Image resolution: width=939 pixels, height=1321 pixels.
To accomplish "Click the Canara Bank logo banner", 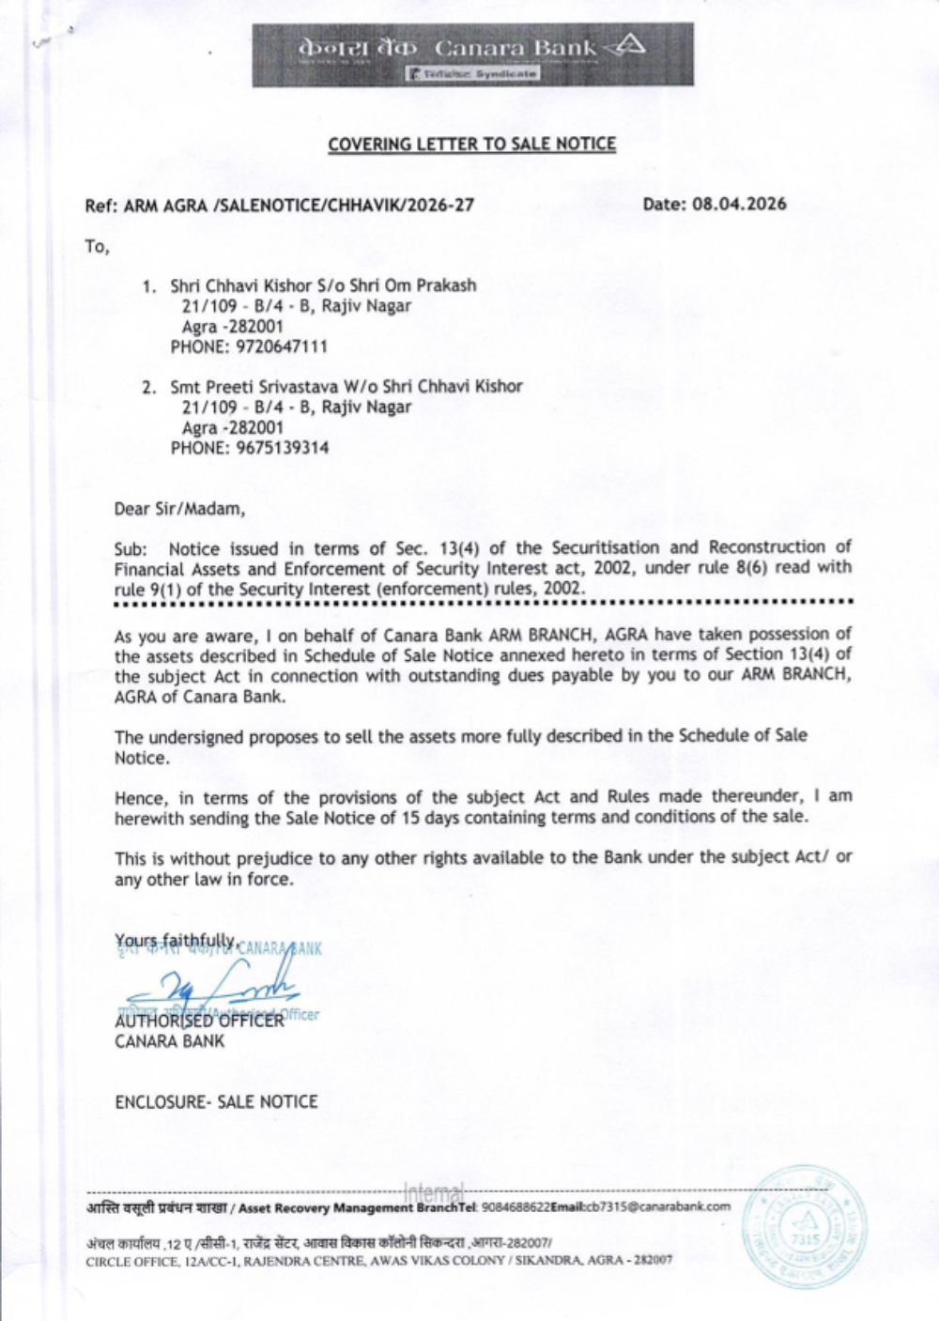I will (x=472, y=54).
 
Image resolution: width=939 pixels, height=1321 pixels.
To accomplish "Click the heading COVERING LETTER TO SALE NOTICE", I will (x=471, y=145).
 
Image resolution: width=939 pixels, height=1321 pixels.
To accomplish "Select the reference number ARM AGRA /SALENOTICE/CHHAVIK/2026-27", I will (x=280, y=206).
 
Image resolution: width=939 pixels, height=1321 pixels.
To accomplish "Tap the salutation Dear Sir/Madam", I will (x=179, y=509).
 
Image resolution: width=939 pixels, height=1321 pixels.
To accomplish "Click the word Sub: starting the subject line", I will (x=131, y=548).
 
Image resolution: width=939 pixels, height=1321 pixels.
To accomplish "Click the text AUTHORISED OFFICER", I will (x=199, y=1021).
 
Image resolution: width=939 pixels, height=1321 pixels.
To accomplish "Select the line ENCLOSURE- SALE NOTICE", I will (x=216, y=1101).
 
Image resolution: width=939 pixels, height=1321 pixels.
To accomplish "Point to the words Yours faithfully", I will (x=176, y=940).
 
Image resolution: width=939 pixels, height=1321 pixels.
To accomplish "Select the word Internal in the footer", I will (x=433, y=1192).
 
